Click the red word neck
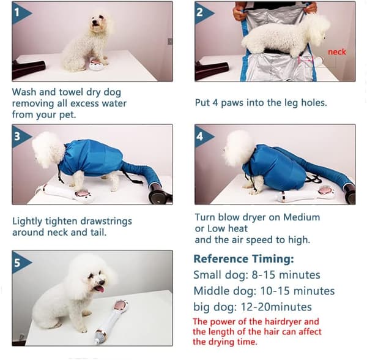[337, 52]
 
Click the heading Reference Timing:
[243, 259]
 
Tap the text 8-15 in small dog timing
[263, 275]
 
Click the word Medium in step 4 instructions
[302, 217]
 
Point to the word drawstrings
[106, 222]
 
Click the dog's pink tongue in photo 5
[100, 289]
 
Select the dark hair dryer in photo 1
[28, 69]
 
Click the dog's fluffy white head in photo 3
[48, 149]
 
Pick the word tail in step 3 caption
[98, 232]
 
